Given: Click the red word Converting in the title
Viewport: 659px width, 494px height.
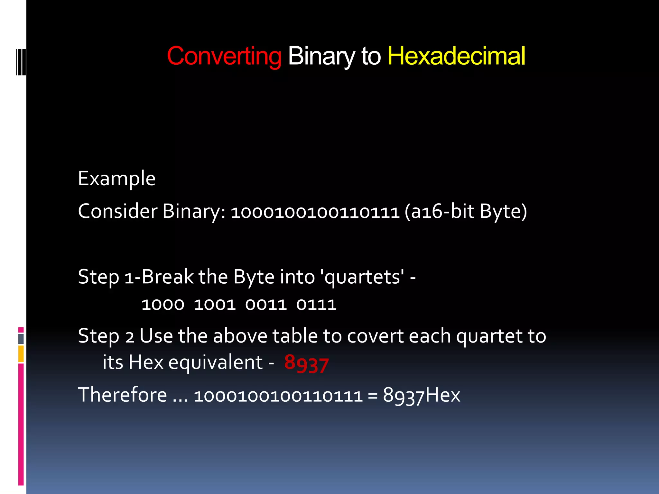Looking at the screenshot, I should (224, 56).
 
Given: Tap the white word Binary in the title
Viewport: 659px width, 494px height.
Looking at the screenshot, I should (321, 56).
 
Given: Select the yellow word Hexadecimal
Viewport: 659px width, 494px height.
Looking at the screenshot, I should (456, 56).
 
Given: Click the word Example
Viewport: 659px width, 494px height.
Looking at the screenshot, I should (117, 179).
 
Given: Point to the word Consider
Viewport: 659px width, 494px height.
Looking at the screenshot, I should (118, 211).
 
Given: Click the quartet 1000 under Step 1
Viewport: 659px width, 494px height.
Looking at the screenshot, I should (163, 305).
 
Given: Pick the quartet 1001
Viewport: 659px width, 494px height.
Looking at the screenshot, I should (215, 305).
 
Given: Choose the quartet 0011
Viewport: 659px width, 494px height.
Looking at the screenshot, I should (266, 305).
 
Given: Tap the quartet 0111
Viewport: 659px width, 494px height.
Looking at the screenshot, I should (316, 305).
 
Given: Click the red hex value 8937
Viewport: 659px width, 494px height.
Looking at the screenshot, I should (306, 364).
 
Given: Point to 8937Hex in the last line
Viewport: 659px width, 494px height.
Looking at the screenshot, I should (422, 395).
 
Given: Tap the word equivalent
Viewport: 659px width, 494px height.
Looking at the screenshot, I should (215, 363).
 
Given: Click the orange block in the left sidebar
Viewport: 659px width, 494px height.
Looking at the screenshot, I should (21, 354).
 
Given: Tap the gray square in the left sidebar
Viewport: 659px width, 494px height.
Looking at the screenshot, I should (21, 339).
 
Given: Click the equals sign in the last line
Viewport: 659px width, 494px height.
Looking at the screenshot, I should (373, 395).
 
